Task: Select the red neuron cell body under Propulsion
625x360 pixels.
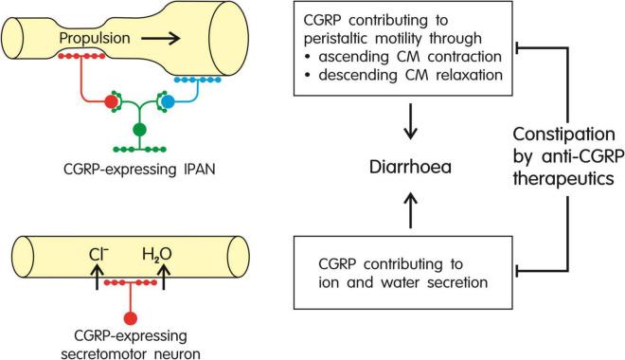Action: point(112,100)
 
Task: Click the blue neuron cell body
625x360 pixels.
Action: point(169,100)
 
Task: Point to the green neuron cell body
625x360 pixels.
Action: point(140,128)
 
